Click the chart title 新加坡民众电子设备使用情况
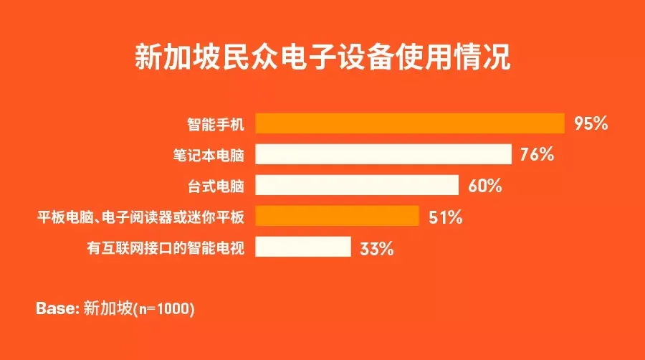coord(322,57)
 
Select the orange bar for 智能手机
coord(410,123)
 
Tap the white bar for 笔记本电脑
coord(383,154)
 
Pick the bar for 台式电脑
coord(357,185)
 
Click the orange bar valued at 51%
coord(337,216)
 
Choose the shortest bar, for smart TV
coord(303,247)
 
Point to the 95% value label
coord(591,123)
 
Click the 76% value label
coord(537,154)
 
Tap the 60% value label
coord(485,186)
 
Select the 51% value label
coord(446,217)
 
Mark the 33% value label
coord(377,249)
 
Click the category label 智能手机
coord(216,124)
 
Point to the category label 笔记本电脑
coord(209,155)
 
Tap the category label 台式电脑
coord(216,186)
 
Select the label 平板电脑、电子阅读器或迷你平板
coord(140,217)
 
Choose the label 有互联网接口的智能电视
coord(166,247)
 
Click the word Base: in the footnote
coord(57,308)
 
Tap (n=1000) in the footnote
coord(164,308)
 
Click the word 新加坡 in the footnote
coord(108,308)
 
